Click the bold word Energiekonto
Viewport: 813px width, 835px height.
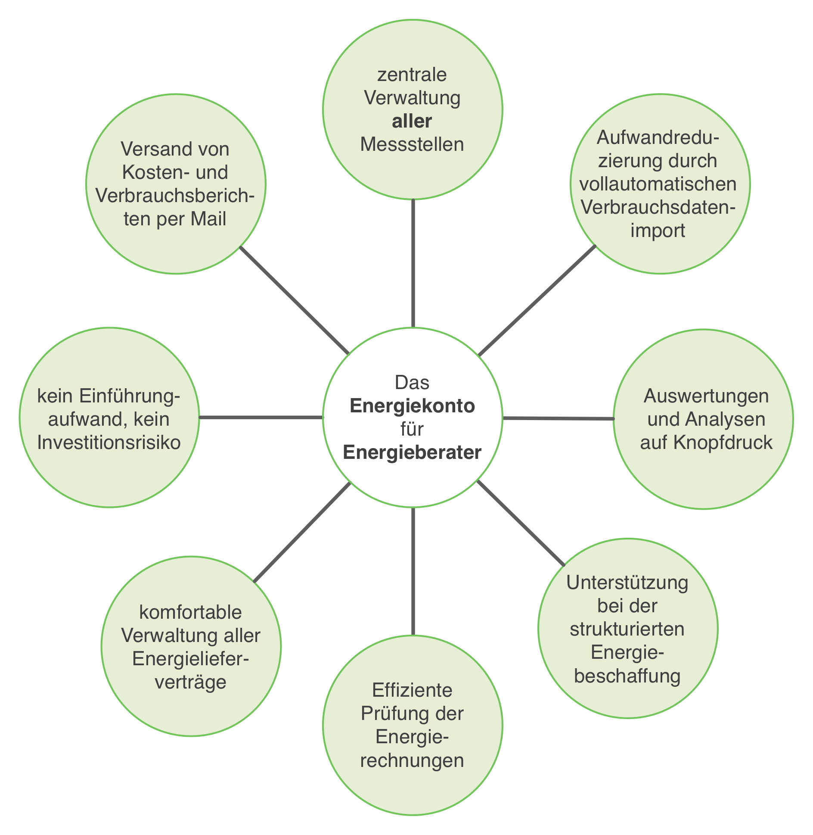412,406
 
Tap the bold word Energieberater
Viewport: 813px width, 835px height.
412,452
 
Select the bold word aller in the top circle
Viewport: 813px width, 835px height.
412,121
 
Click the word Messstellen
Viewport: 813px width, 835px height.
412,144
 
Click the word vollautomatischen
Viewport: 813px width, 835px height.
658,184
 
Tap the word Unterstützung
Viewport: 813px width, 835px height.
627,583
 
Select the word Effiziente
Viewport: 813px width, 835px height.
412,690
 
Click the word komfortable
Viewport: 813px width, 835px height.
191,612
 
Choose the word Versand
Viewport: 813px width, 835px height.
153,149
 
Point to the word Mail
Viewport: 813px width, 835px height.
209,219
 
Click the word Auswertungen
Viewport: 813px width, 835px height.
706,396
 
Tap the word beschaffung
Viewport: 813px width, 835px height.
627,676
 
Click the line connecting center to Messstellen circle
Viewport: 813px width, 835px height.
413,263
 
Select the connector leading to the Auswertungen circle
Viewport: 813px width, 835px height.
558,418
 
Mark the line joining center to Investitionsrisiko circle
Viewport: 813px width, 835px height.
261,417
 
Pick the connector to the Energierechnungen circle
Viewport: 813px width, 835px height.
413,571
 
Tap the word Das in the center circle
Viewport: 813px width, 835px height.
412,383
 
